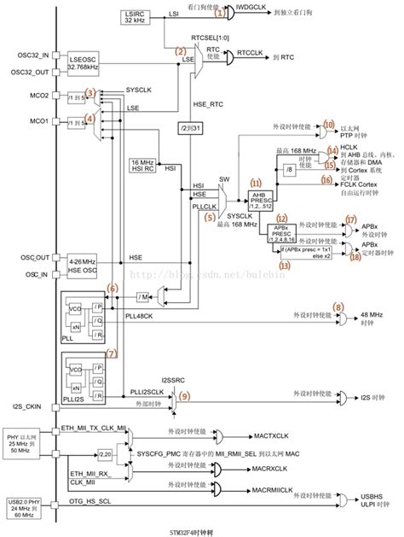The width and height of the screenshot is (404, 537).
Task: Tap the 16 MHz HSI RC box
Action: (142, 164)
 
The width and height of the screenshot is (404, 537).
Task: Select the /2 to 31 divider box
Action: (188, 128)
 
